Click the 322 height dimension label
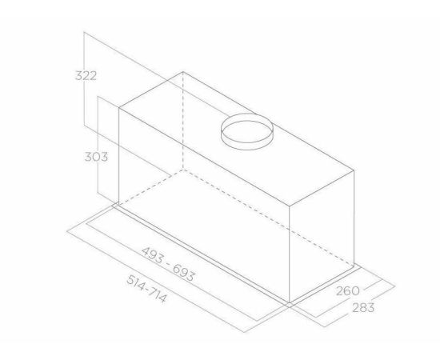point(86,76)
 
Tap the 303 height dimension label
point(96,157)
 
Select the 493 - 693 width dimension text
point(167,264)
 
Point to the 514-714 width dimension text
point(146,289)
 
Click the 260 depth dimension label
point(348,291)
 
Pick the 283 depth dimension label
point(363,308)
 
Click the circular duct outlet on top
point(247,131)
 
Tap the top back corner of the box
point(183,72)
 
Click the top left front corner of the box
point(119,108)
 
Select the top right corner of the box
point(354,170)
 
